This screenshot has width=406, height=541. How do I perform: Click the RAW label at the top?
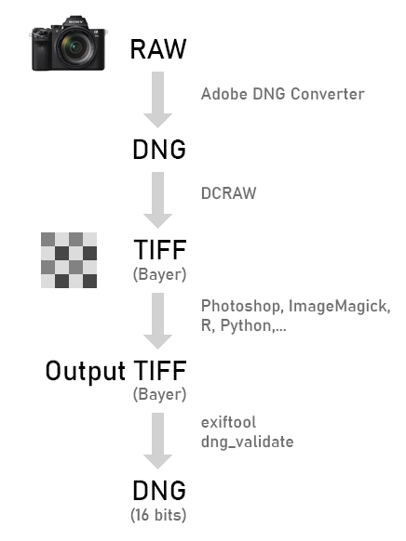click(x=158, y=49)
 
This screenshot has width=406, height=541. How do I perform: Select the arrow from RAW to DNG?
click(x=158, y=99)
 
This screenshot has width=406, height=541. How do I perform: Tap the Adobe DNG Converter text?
click(x=283, y=94)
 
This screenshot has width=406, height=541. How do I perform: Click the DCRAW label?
click(x=229, y=193)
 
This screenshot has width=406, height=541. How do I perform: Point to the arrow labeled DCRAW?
click(x=158, y=200)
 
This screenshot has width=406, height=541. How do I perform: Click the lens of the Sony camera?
click(x=75, y=47)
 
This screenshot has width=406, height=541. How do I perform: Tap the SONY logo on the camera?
click(x=75, y=21)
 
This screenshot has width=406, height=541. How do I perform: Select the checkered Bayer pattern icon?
click(x=69, y=260)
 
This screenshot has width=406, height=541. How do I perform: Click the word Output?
click(x=86, y=371)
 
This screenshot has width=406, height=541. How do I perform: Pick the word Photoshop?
click(x=240, y=307)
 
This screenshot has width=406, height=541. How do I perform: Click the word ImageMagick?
click(x=339, y=307)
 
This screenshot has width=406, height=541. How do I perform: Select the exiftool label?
click(x=229, y=422)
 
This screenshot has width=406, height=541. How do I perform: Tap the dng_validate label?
click(x=248, y=442)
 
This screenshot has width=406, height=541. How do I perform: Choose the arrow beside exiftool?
click(x=158, y=441)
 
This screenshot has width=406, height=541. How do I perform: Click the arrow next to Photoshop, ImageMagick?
click(x=158, y=321)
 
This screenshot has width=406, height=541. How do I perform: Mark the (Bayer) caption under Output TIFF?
click(x=159, y=395)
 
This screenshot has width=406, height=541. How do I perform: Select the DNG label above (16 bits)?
click(x=159, y=490)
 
